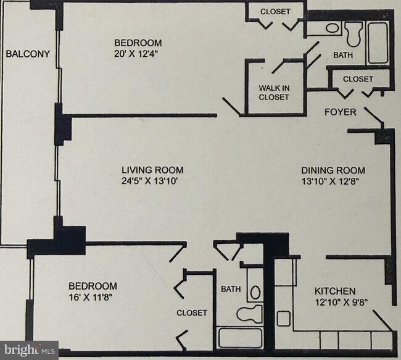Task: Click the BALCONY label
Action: (28, 54)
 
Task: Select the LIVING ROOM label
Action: (152, 170)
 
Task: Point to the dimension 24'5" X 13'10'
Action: (150, 181)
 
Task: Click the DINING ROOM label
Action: (333, 170)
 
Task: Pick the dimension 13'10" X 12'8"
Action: (331, 182)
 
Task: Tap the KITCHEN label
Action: (335, 291)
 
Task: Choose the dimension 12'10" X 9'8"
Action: (341, 302)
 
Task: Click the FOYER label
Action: (341, 112)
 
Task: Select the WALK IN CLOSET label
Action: (274, 93)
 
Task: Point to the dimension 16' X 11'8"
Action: (91, 297)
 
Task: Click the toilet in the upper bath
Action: (354, 34)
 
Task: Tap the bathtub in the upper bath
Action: (378, 43)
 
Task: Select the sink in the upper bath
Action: (333, 28)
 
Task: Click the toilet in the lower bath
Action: (250, 314)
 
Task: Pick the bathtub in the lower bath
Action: (240, 338)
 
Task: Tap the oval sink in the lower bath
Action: (255, 292)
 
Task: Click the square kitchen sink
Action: (284, 318)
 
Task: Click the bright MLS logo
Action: (29, 350)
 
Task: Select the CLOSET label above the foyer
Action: (358, 79)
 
